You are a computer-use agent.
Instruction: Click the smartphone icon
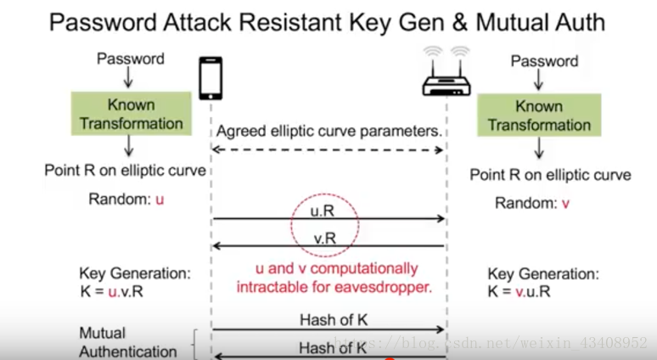tap(211, 79)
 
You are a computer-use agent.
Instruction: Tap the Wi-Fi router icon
tap(447, 75)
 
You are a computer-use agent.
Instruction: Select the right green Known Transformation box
tap(538, 115)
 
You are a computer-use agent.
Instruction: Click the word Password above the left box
tap(130, 59)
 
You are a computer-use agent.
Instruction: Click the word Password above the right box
tap(544, 61)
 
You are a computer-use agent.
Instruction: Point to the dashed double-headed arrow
tap(328, 149)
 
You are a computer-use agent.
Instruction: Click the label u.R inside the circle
tap(325, 210)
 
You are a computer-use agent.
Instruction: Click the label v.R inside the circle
tap(325, 238)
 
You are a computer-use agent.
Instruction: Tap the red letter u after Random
tap(159, 200)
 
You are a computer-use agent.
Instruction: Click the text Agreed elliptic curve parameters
tap(329, 132)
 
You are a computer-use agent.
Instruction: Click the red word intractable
tap(273, 287)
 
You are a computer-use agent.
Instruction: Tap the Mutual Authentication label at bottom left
tap(127, 341)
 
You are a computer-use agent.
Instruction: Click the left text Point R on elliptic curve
tap(125, 171)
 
